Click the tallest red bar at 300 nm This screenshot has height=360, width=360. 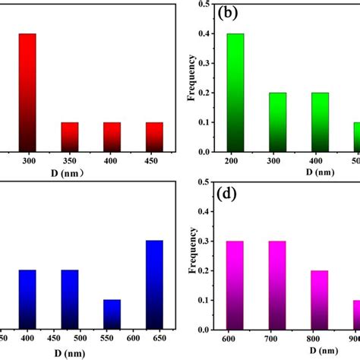27,92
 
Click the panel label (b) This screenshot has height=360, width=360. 231,13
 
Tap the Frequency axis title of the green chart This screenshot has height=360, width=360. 193,77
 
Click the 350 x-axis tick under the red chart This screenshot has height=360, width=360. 70,161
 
